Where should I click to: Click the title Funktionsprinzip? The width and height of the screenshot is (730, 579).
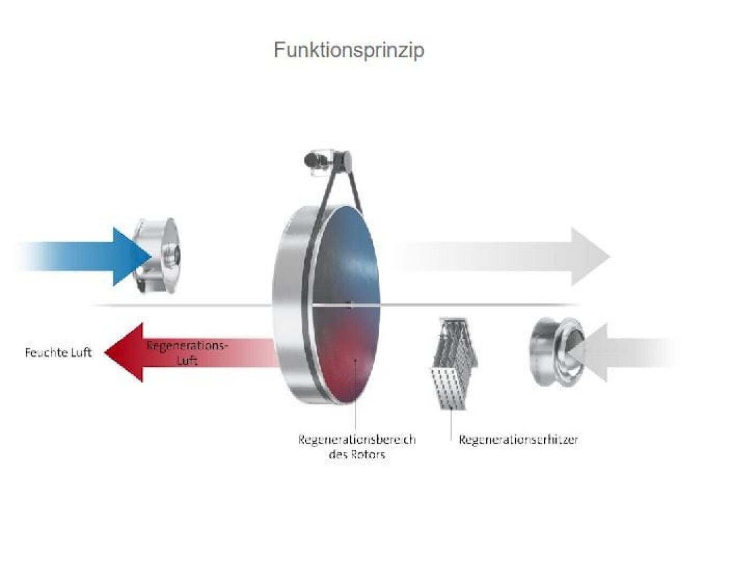(349, 50)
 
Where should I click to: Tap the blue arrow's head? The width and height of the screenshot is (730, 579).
(131, 256)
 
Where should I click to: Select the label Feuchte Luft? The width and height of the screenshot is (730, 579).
(58, 352)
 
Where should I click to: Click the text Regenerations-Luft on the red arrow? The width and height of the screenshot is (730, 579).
(187, 352)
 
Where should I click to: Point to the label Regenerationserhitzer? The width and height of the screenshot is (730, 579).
(518, 440)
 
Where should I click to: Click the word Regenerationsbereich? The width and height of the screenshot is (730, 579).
(357, 440)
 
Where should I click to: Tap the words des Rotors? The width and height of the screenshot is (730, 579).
(357, 455)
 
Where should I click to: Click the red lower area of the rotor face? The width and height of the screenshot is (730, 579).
(348, 354)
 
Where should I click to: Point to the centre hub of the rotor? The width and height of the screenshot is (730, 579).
(350, 305)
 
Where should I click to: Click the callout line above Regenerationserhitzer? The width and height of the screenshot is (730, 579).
(451, 424)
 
